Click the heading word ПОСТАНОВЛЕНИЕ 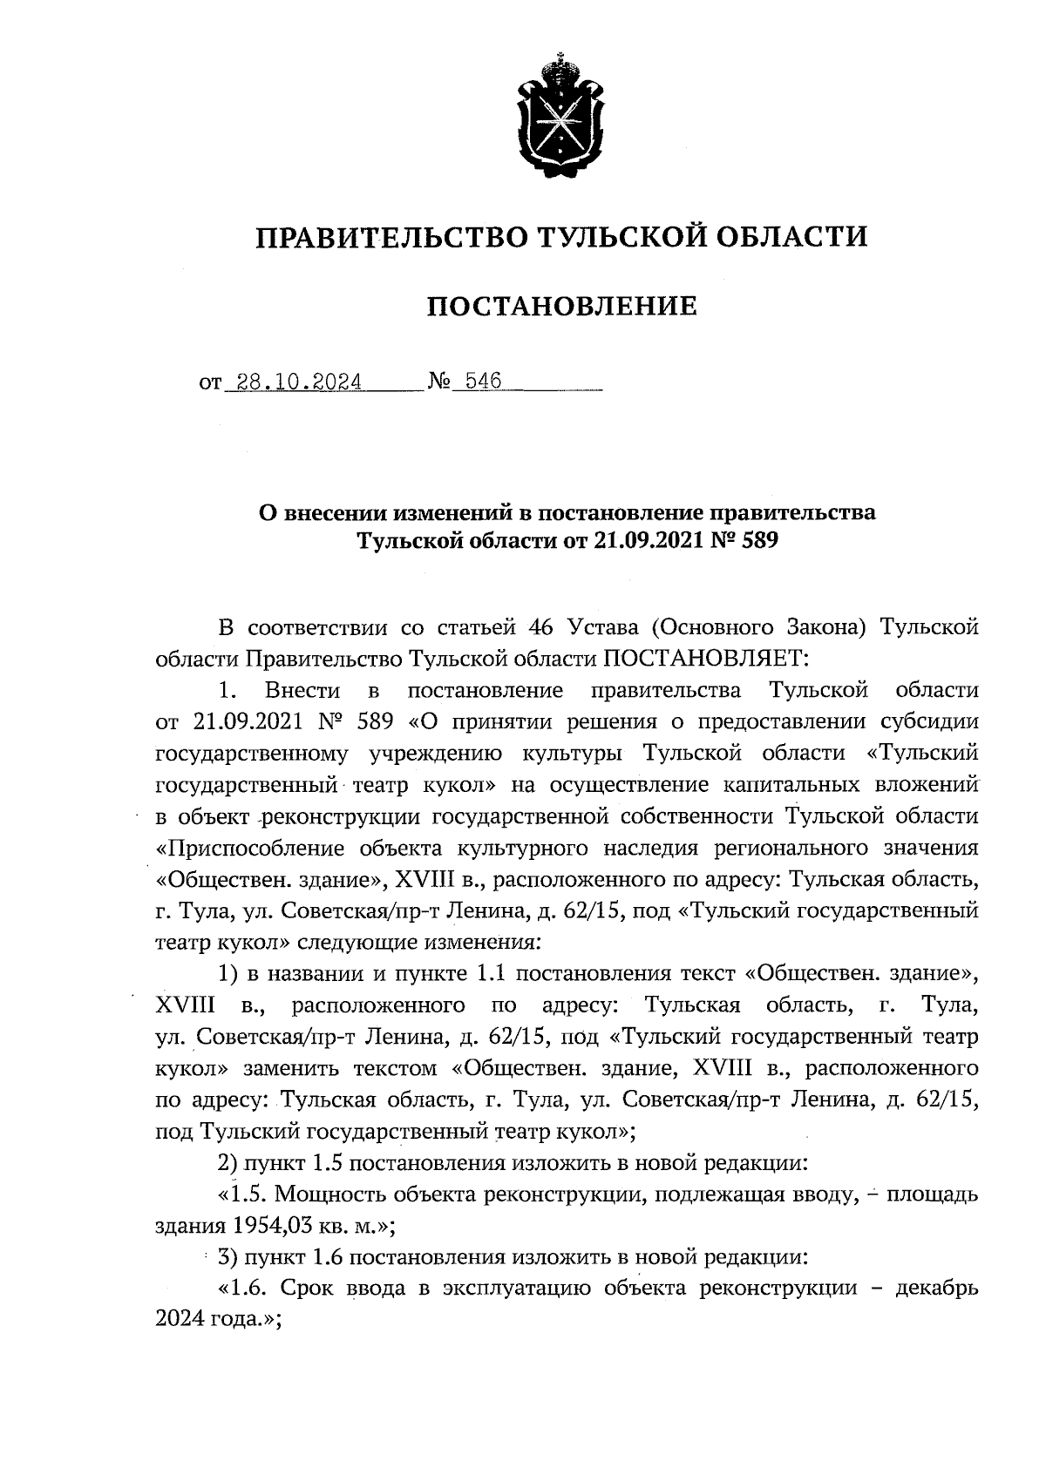coord(560,306)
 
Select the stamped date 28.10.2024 coord(293,383)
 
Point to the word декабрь coord(933,1289)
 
